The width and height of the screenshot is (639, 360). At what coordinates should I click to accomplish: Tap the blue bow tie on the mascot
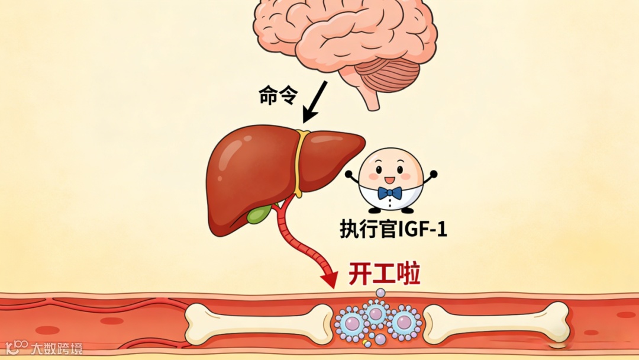pyautogui.click(x=390, y=193)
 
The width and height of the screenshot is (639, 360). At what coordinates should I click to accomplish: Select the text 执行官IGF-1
pyautogui.click(x=393, y=228)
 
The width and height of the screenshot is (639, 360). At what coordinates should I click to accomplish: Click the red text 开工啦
pyautogui.click(x=385, y=275)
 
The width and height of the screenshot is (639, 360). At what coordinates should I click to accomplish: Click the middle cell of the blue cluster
pyautogui.click(x=376, y=312)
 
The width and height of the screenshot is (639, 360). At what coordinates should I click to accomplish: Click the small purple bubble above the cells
pyautogui.click(x=380, y=292)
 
